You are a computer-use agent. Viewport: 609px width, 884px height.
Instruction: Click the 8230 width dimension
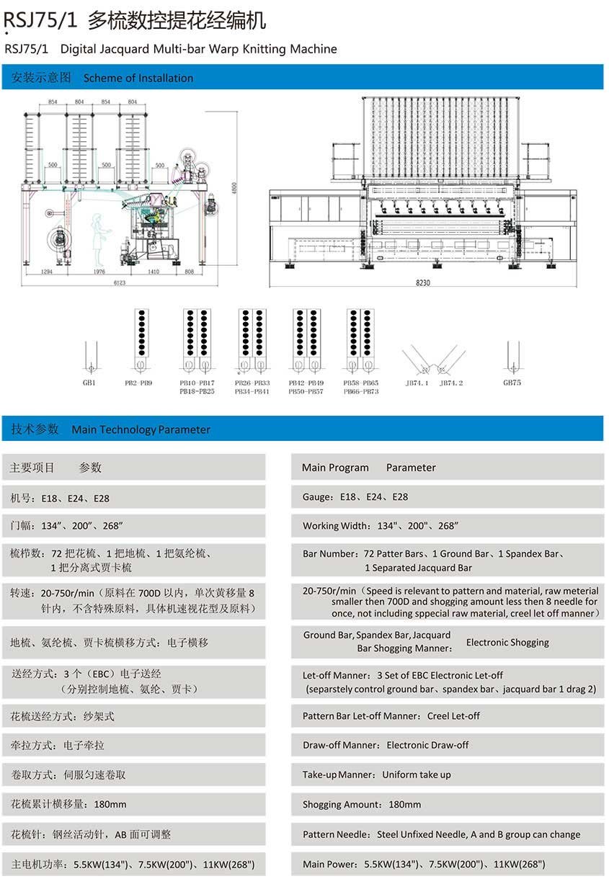coord(423,283)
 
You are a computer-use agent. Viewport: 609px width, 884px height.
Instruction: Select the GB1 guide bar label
coord(89,383)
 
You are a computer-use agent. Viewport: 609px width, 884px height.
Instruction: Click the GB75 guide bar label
coord(512,383)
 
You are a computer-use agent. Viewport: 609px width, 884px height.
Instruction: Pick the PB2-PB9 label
coord(142,383)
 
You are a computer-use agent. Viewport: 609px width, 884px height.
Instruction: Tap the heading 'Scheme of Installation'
coord(138,78)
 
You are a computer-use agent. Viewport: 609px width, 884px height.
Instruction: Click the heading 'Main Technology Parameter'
coord(141,429)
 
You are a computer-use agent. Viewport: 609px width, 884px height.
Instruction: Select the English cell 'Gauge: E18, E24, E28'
coord(355,497)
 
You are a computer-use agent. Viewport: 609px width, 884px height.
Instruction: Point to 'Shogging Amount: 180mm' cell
coord(362,804)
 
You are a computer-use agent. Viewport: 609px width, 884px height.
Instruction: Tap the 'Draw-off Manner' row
coord(386,745)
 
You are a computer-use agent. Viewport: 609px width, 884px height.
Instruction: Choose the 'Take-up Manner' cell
coord(376,774)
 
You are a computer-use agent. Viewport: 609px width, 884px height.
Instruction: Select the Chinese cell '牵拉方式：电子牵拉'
coord(57,745)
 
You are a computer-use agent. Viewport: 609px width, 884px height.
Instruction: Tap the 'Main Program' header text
coord(335,468)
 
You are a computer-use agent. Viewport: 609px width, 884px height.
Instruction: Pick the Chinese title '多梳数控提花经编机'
coord(177,21)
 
